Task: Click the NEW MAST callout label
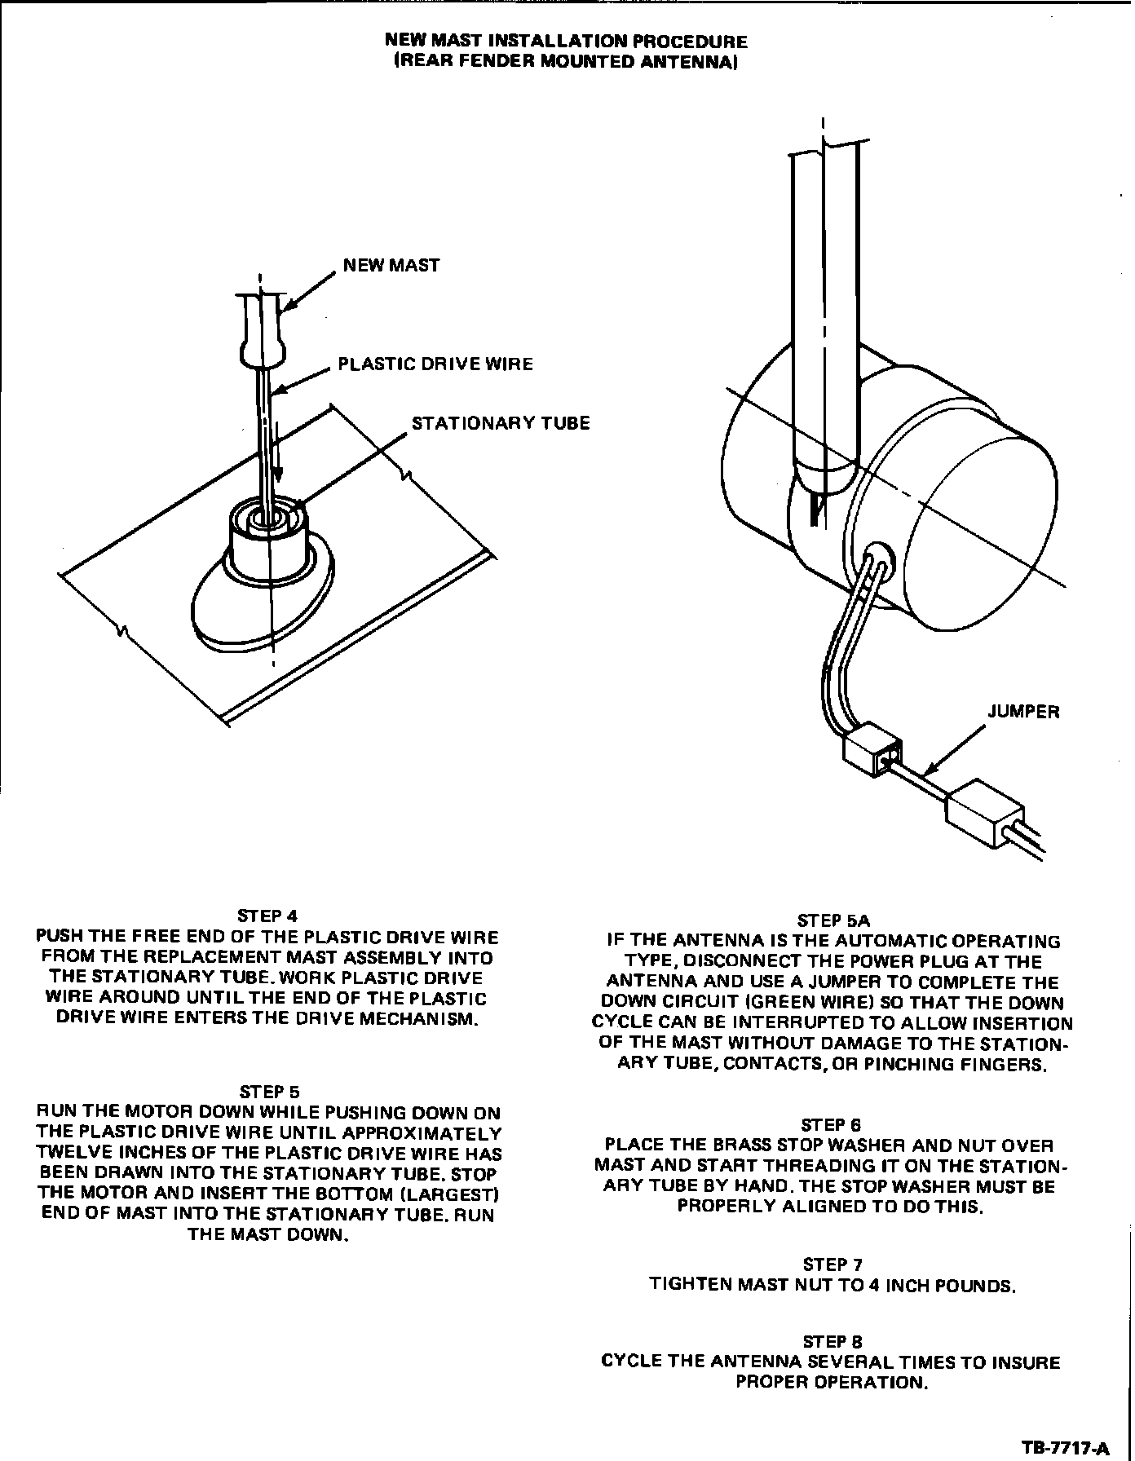coord(391,265)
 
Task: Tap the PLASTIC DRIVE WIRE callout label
coord(435,364)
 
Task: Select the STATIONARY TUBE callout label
coord(500,423)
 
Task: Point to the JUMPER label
coord(1023,712)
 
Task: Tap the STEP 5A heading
coord(828,920)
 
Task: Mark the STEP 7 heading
coord(832,1265)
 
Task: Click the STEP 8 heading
coord(832,1341)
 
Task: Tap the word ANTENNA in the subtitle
coord(697,62)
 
